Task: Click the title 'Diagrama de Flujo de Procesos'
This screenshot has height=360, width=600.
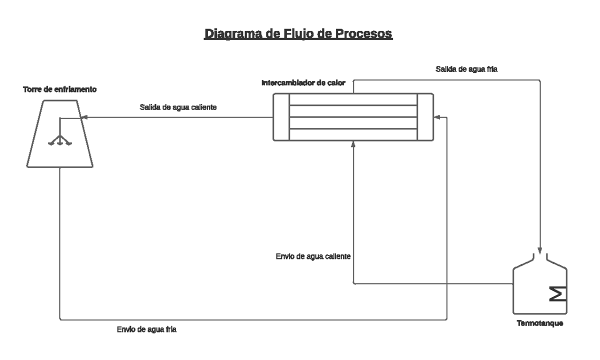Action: pos(298,34)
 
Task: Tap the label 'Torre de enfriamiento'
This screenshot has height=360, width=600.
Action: pos(59,90)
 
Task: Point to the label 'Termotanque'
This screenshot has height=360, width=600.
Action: pos(540,323)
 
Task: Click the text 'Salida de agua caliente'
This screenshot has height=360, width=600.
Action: pos(177,107)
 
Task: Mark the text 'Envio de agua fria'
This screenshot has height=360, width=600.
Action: pos(146,329)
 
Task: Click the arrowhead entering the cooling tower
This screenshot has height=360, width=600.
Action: pos(84,118)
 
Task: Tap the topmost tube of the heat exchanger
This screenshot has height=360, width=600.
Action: pos(353,99)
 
